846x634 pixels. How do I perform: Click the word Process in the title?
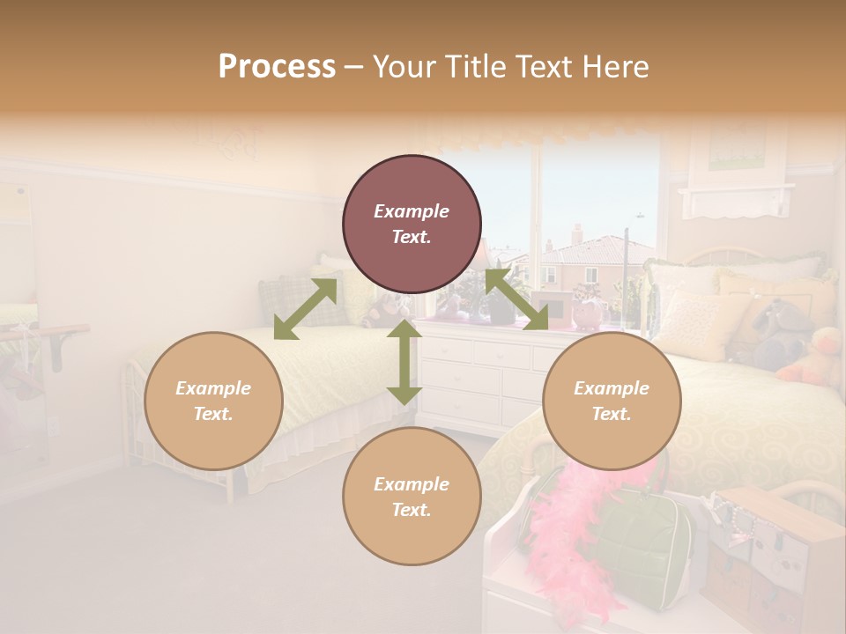tap(277, 66)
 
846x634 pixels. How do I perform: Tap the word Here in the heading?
tap(616, 66)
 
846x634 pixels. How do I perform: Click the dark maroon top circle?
tap(412, 224)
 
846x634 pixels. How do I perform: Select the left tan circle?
tap(213, 401)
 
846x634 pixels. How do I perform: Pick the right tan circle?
tap(612, 401)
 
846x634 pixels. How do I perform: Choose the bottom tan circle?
tap(412, 497)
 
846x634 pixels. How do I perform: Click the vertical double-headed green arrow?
tap(404, 362)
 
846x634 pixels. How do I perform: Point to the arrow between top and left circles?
tap(305, 309)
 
